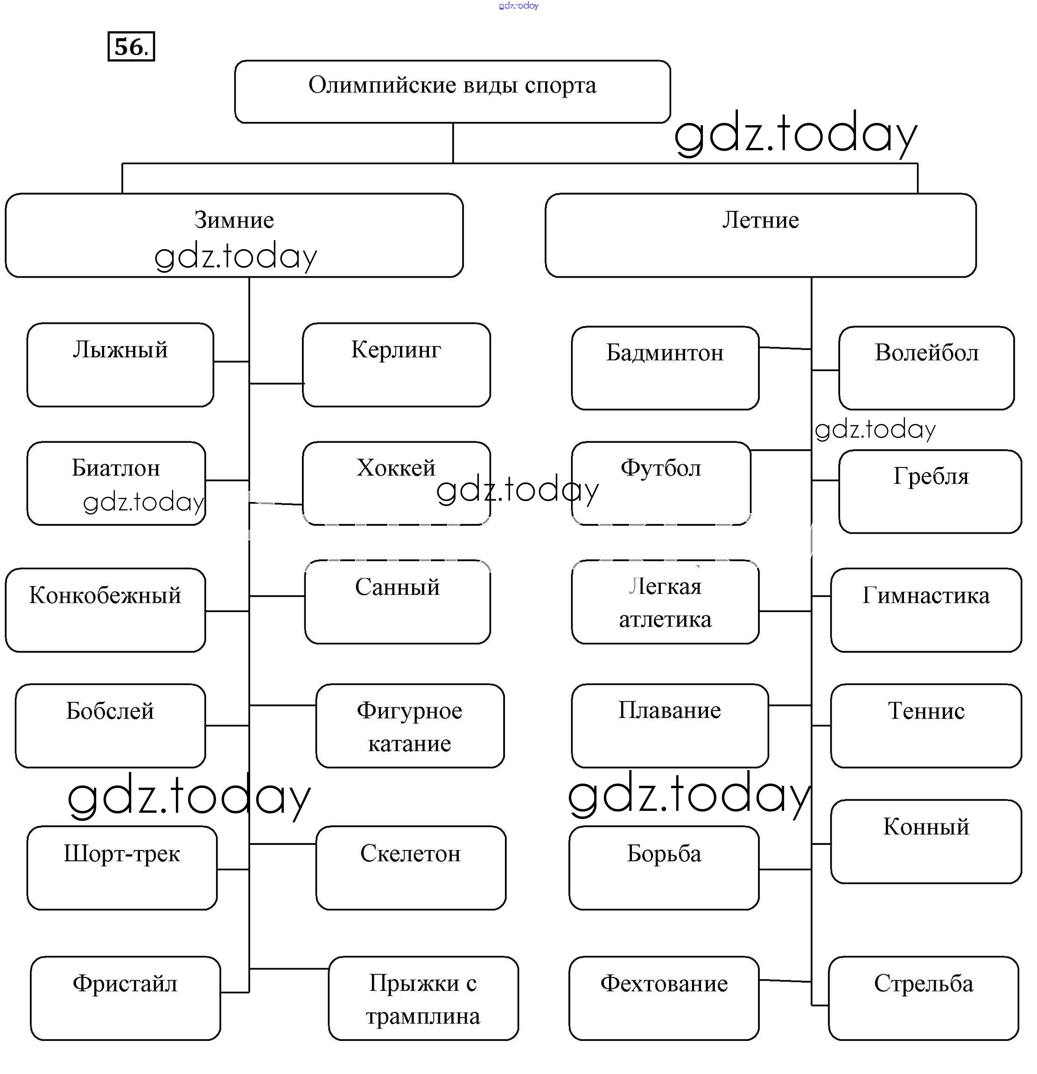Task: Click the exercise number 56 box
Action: [x=131, y=47]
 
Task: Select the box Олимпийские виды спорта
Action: [x=452, y=91]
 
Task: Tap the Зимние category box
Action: [x=234, y=235]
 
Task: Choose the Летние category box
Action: [x=760, y=235]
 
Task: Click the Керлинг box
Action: [x=396, y=365]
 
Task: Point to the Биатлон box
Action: [x=116, y=483]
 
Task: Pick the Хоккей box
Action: [x=396, y=483]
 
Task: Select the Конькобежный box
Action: [x=105, y=610]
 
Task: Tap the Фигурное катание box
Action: [x=409, y=725]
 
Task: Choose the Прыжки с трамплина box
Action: [x=423, y=998]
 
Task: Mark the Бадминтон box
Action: [x=665, y=368]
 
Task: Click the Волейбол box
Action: [x=926, y=368]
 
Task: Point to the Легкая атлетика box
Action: [x=665, y=602]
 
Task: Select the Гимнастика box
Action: [x=926, y=610]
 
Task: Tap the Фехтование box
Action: [x=664, y=998]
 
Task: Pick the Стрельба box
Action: [x=924, y=998]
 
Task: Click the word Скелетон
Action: [x=410, y=854]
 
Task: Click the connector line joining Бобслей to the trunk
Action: [x=227, y=725]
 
